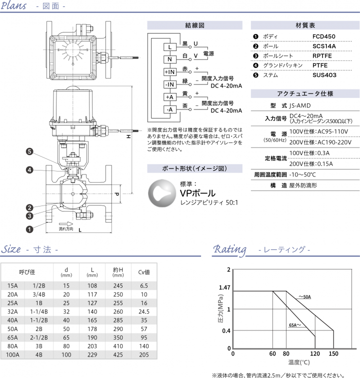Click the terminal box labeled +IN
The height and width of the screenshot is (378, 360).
170,72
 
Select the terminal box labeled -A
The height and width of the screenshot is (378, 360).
170,109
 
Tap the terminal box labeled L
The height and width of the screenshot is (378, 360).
170,47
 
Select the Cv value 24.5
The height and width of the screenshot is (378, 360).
144,310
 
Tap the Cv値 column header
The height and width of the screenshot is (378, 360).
144,272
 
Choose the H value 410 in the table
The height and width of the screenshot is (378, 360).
118,346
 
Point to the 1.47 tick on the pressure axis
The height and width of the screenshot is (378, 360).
224,288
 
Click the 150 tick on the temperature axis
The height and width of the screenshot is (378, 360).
333,354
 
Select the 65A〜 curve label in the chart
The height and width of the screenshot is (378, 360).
295,325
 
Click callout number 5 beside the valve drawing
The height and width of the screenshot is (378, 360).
29,151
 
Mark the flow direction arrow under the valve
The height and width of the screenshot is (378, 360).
65,224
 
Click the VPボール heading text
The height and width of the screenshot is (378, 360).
197,193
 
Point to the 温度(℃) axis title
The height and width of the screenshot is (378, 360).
299,361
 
